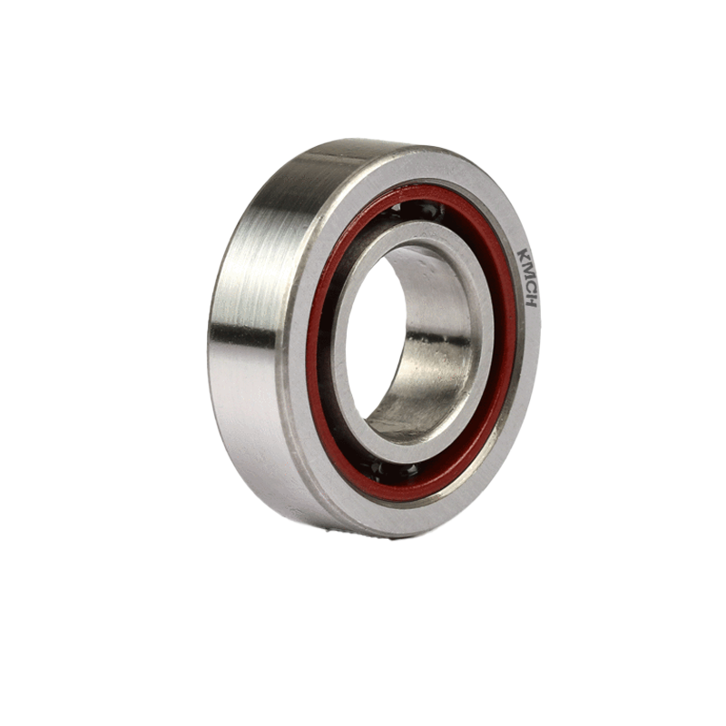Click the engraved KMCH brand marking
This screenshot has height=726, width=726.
[x=527, y=279]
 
